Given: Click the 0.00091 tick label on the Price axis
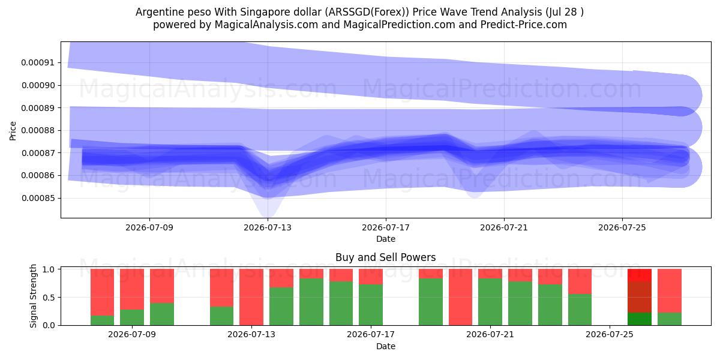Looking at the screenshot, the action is pyautogui.click(x=38, y=62).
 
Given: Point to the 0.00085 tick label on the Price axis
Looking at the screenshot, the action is pyautogui.click(x=38, y=198).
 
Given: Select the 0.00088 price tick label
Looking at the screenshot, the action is pyautogui.click(x=38, y=131).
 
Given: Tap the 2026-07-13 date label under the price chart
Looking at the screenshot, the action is pyautogui.click(x=268, y=227).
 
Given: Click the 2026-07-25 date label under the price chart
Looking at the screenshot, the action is pyautogui.click(x=622, y=227).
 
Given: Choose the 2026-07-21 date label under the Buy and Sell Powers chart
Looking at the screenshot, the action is pyautogui.click(x=490, y=334).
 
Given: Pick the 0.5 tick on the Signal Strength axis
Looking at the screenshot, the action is pyautogui.click(x=49, y=298).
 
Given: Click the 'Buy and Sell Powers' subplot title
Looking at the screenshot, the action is pyautogui.click(x=385, y=257).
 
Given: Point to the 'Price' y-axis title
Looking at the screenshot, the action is pyautogui.click(x=13, y=131).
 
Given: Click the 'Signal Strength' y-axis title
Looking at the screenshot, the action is pyautogui.click(x=33, y=296).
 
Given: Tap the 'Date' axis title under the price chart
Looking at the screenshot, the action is pyautogui.click(x=386, y=239).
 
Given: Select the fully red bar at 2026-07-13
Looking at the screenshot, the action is pyautogui.click(x=251, y=297).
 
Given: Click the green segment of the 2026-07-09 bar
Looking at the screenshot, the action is pyautogui.click(x=132, y=317).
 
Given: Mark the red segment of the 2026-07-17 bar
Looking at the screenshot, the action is pyautogui.click(x=371, y=277).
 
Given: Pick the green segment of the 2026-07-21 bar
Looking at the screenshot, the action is pyautogui.click(x=490, y=302).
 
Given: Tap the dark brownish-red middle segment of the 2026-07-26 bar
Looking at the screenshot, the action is pyautogui.click(x=640, y=297).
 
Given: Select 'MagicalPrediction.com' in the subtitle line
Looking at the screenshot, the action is pyautogui.click(x=399, y=25).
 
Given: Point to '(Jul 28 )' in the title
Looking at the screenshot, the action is pyautogui.click(x=565, y=12).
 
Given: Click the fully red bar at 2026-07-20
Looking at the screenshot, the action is pyautogui.click(x=460, y=297).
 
